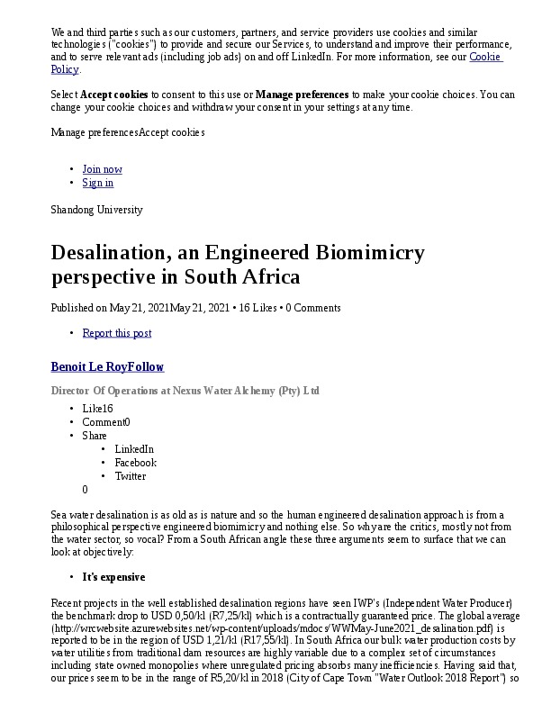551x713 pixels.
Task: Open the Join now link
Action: coord(102,169)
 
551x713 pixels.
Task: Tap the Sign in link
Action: coord(97,183)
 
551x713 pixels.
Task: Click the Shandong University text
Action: coord(96,210)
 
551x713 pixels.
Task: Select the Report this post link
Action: coord(116,333)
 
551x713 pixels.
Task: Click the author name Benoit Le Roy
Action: coord(93,367)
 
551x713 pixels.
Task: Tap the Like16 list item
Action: coord(97,408)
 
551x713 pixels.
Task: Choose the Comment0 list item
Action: coord(105,421)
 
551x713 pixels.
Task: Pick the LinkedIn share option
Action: coord(134,448)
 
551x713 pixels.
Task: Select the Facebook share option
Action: coord(135,462)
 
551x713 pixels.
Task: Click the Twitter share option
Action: coord(130,475)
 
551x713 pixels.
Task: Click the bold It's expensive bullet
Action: coord(113,577)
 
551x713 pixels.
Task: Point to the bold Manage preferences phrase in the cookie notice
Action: coord(302,94)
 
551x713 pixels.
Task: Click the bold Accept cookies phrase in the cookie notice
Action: coord(113,94)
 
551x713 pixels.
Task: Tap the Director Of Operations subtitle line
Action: coord(185,391)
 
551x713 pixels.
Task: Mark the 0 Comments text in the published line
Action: coord(313,308)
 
